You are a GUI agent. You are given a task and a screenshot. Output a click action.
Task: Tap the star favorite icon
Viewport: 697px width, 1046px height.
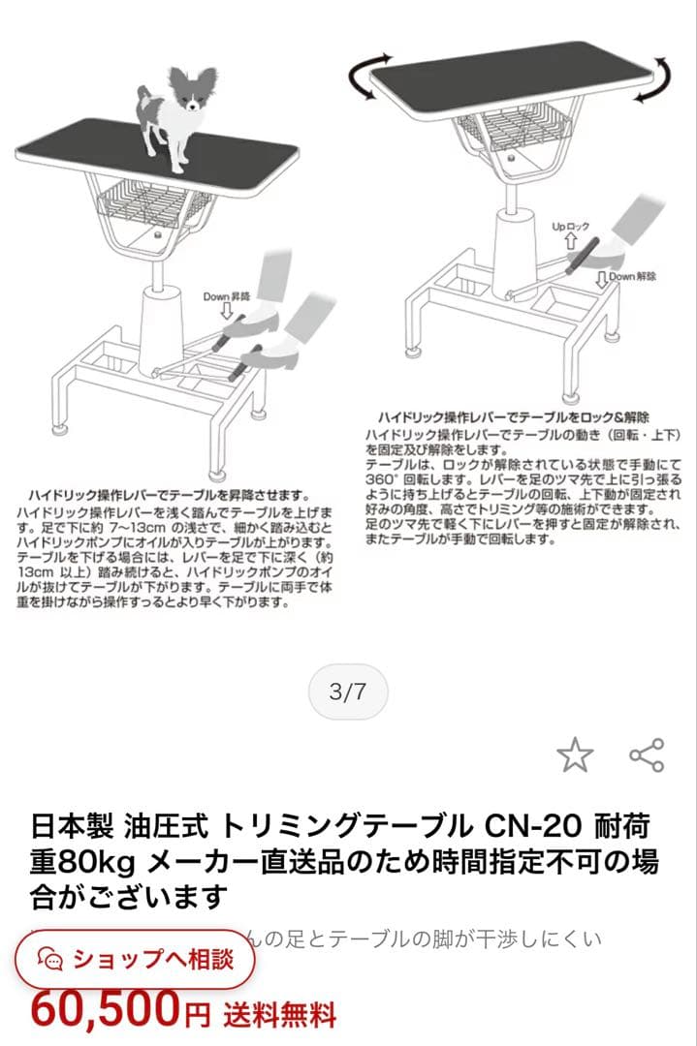click(x=575, y=754)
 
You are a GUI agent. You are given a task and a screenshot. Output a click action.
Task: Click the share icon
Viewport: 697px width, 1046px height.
click(x=647, y=754)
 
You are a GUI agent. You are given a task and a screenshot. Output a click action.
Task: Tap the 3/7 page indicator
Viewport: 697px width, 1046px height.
click(x=348, y=692)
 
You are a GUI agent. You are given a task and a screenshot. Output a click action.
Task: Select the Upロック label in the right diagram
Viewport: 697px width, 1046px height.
click(x=571, y=227)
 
